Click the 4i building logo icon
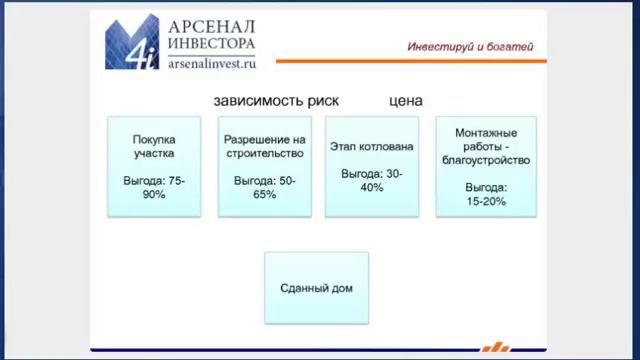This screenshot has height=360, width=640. click(x=131, y=42)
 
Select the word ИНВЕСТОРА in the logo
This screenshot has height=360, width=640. click(x=211, y=43)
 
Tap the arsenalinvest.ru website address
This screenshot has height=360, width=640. click(x=211, y=62)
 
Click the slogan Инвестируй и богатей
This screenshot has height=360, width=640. click(x=470, y=46)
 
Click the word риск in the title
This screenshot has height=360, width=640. click(x=321, y=101)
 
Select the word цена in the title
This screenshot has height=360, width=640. click(x=405, y=101)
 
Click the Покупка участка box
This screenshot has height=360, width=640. click(x=153, y=166)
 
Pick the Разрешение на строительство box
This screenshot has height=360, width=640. click(x=264, y=166)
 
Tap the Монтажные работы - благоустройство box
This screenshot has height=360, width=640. click(x=485, y=166)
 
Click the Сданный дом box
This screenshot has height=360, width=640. click(x=316, y=288)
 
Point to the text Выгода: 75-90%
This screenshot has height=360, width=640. click(x=153, y=187)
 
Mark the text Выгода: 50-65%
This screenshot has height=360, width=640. click(x=264, y=187)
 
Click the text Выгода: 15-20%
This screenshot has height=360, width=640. click(x=485, y=194)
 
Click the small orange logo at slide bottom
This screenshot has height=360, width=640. click(x=495, y=348)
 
